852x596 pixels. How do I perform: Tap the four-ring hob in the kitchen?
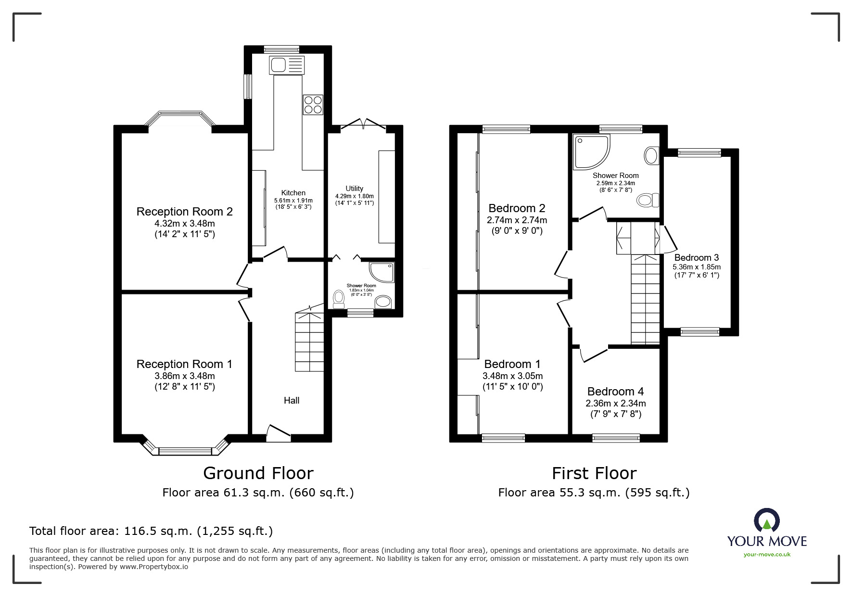313,104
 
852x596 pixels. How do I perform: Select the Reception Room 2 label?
184,212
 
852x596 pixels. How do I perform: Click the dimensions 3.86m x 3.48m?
184,376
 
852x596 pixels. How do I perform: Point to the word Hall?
292,400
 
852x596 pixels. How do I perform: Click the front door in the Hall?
279,432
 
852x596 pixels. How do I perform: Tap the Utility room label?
354,189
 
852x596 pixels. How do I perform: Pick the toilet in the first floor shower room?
647,200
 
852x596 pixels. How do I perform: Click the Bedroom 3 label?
696,257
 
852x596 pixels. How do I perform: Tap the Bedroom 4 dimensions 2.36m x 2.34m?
615,404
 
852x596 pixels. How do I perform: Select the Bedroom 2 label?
517,208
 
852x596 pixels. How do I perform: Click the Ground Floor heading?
258,473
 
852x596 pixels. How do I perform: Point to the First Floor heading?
594,473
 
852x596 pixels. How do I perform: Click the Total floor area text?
151,531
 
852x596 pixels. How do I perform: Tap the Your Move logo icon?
766,520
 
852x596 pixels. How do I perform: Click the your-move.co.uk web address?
767,555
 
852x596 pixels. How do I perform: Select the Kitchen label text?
293,193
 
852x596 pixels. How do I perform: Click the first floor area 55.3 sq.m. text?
594,493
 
